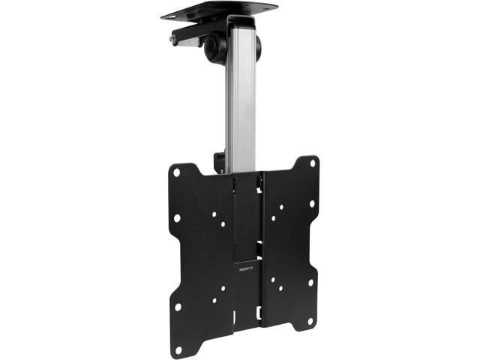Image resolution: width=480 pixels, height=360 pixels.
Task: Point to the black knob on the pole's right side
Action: [258, 46]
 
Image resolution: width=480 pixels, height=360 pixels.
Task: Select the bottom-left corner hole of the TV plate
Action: [178, 349]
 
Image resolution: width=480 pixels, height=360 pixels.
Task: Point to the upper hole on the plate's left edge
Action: [177, 218]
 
